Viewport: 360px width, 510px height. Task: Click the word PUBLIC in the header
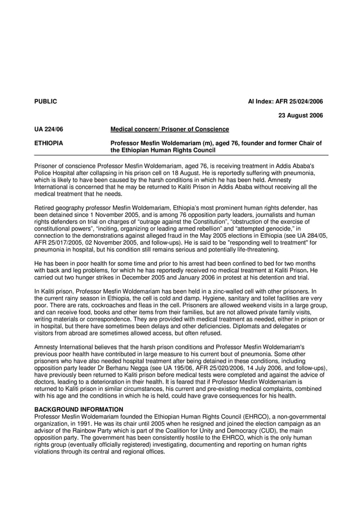coord(46,102)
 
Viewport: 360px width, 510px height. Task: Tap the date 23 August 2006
coord(301,116)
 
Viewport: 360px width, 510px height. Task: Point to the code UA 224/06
coord(49,129)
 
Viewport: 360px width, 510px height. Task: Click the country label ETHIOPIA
coord(49,143)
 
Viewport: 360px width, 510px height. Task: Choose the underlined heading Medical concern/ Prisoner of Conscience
coord(169,129)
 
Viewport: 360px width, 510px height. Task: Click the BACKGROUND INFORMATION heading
coord(78,409)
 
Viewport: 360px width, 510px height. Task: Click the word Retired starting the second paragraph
coord(45,207)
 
